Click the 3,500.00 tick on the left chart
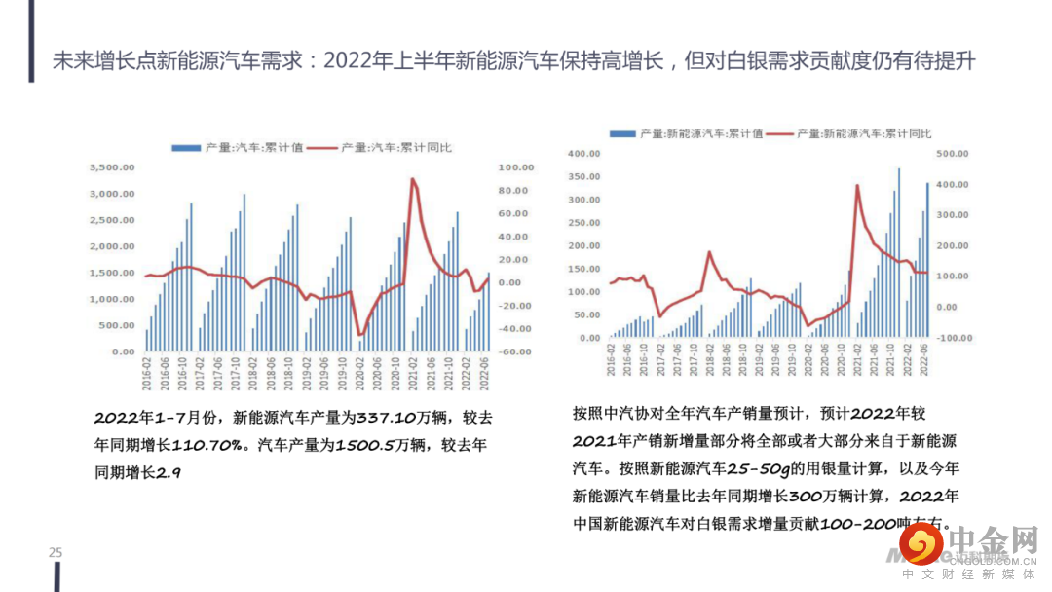pos(112,167)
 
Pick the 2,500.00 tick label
pos(112,220)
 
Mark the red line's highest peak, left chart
pos(413,179)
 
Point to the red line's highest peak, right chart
pos(856,185)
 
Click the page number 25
pos(56,553)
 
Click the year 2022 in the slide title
pos(345,61)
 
